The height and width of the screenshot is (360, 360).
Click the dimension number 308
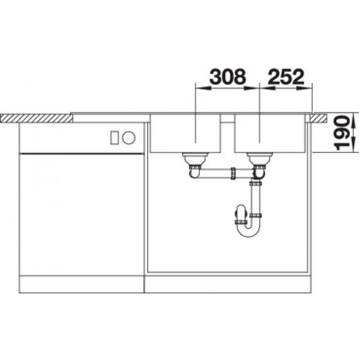[x=228, y=76]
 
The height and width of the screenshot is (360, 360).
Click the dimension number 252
[x=286, y=76]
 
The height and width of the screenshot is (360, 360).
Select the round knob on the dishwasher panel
[x=129, y=138]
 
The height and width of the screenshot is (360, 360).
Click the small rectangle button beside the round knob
[x=114, y=138]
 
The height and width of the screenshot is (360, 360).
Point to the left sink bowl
[x=185, y=133]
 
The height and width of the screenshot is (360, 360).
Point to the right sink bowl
[x=270, y=133]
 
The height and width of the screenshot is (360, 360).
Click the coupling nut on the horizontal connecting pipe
[x=233, y=173]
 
